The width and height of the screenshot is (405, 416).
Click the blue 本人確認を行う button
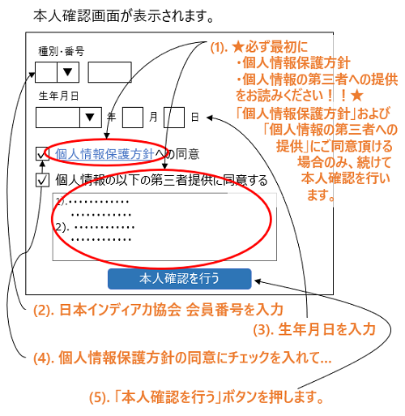click(180, 279)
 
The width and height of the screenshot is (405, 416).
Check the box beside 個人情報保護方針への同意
click(42, 154)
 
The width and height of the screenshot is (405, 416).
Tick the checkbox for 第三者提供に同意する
click(42, 180)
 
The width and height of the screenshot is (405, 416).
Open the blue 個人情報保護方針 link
click(104, 154)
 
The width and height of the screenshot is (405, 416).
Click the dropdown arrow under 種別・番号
click(67, 72)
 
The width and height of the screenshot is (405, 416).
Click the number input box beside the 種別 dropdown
click(110, 72)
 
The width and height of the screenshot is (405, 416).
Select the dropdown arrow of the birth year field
click(90, 118)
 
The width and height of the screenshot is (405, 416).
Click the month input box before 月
click(133, 118)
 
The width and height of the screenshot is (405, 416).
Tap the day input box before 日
click(174, 118)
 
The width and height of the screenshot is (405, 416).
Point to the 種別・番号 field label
click(62, 51)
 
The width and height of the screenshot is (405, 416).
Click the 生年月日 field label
click(58, 96)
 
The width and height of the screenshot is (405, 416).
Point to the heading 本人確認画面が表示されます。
click(124, 16)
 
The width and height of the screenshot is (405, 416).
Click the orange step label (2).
click(44, 311)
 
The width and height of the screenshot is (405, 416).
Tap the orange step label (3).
click(264, 330)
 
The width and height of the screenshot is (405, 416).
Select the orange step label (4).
click(44, 358)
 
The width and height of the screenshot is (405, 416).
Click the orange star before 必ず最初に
click(238, 47)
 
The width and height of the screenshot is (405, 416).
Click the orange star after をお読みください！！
click(357, 96)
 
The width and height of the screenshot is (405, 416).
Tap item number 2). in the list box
click(62, 227)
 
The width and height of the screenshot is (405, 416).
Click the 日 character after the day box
click(195, 118)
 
